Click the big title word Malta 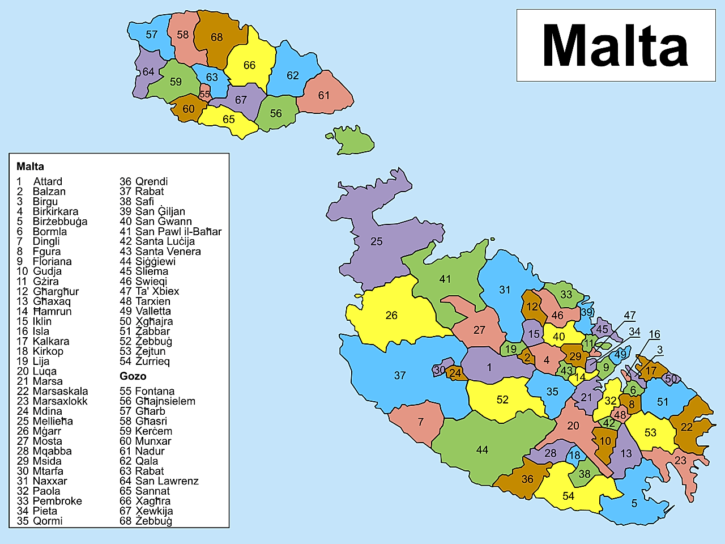(615, 45)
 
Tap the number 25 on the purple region (377, 241)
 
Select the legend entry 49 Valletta (145, 311)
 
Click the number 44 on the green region (482, 450)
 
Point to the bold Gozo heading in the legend (133, 376)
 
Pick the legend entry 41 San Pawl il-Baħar (170, 231)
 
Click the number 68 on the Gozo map (217, 37)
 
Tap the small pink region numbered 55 (204, 95)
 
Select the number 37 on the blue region (400, 375)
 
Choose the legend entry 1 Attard (40, 181)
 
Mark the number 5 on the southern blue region (634, 503)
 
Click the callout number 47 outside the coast (630, 315)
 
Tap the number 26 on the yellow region (391, 315)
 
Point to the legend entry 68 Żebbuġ (146, 521)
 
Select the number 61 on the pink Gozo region (324, 95)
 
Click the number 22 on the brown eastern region (686, 427)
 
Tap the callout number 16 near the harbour (654, 334)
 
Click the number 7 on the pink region (421, 422)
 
